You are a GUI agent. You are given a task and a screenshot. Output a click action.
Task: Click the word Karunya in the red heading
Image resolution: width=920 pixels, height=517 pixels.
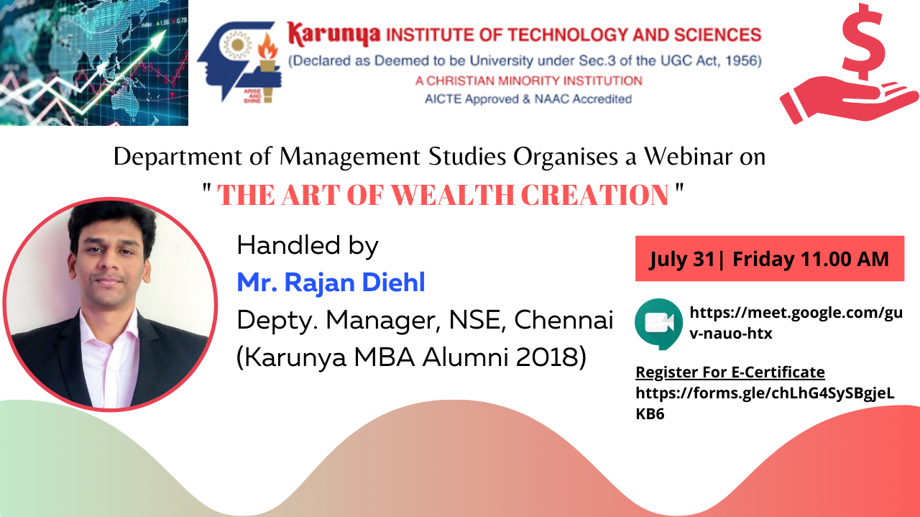(x=333, y=35)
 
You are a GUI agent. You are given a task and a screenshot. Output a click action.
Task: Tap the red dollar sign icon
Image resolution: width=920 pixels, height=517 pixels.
(x=863, y=41)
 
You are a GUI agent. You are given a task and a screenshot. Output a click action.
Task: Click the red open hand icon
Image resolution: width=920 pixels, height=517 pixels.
(x=849, y=100)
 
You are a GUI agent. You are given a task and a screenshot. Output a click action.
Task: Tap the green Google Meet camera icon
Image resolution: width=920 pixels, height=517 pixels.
(x=659, y=324)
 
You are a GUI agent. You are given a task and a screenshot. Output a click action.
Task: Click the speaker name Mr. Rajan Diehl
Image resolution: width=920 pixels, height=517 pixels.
(x=331, y=283)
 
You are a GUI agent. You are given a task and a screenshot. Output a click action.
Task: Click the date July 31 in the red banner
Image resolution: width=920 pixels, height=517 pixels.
(x=682, y=260)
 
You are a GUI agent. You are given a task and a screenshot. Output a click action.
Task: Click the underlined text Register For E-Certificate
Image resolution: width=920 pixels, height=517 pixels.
(x=730, y=372)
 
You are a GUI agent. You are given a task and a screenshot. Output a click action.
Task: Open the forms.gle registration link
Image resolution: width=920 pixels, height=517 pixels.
(x=765, y=403)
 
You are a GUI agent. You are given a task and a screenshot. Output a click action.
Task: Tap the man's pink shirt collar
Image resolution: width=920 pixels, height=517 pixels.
(x=110, y=326)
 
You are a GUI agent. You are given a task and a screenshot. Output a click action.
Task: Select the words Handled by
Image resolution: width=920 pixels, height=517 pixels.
(x=308, y=246)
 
